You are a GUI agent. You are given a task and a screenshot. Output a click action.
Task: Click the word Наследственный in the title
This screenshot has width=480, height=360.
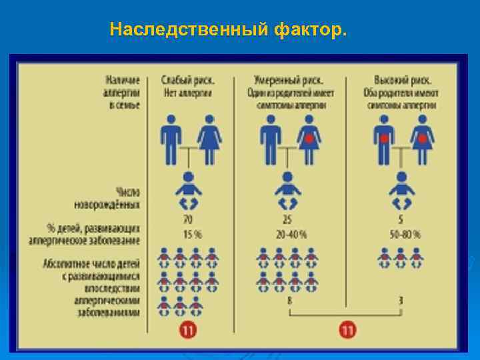click(189, 30)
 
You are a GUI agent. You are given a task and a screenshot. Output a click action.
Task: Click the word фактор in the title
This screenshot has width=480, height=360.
click(310, 30)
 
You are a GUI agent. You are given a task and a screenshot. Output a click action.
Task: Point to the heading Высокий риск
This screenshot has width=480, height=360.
click(399, 80)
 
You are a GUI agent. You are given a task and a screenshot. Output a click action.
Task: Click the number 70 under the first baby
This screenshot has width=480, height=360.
click(187, 219)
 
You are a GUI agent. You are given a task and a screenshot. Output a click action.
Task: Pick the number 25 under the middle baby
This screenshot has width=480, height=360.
click(287, 219)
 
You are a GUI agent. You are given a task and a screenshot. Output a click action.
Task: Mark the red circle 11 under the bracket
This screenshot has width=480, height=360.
click(347, 330)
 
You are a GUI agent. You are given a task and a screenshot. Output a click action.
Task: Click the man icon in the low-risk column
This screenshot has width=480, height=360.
click(171, 138)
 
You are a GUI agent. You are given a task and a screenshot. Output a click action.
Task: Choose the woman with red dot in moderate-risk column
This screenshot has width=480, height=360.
click(309, 138)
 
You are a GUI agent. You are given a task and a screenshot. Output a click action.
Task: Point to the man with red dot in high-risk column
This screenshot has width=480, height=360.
click(384, 138)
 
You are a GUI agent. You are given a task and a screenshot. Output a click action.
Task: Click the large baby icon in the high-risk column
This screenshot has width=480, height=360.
click(401, 190)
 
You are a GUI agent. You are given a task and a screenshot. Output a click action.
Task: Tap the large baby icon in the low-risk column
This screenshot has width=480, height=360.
click(187, 190)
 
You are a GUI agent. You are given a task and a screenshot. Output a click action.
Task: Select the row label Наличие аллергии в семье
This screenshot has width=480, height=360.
click(119, 93)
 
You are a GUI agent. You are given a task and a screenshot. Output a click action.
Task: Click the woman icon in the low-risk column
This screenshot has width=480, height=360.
click(209, 138)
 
